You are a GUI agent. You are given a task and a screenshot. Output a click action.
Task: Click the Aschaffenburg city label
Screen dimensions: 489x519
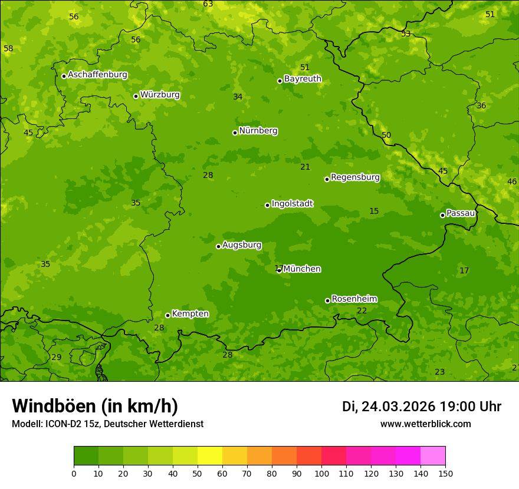click(x=97, y=75)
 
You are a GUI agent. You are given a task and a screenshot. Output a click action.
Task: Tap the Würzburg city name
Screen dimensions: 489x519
click(x=160, y=95)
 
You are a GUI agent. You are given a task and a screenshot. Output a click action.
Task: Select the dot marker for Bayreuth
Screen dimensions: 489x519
click(x=280, y=81)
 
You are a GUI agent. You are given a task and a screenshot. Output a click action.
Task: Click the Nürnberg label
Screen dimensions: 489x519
click(x=258, y=131)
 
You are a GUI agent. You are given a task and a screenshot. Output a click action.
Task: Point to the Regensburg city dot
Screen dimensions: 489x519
click(x=327, y=179)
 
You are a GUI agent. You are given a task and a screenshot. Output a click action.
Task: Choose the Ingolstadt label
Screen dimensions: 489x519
click(x=292, y=204)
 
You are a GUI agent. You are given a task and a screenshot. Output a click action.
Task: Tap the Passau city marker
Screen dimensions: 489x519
click(x=442, y=215)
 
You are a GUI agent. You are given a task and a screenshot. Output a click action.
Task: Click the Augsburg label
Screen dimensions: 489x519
click(x=242, y=245)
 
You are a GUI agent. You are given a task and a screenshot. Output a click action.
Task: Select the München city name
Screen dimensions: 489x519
click(x=302, y=269)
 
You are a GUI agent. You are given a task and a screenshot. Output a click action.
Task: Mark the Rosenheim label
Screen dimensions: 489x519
click(x=354, y=299)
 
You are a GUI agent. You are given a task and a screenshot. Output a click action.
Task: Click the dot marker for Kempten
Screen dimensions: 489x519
click(x=167, y=315)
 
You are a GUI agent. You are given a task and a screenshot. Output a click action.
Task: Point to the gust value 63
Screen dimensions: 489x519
click(x=208, y=4)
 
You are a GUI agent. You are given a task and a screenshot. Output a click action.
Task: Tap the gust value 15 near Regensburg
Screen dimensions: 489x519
click(x=374, y=212)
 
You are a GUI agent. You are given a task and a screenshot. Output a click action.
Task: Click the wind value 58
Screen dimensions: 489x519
click(x=8, y=48)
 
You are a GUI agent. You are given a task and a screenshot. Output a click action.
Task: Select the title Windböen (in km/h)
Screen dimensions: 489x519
click(x=95, y=406)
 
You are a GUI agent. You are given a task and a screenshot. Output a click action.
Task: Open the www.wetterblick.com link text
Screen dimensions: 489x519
click(x=425, y=424)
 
